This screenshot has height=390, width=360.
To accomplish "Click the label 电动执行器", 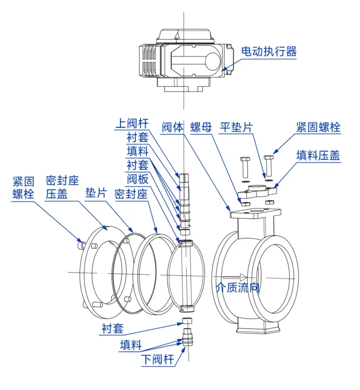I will [269, 52].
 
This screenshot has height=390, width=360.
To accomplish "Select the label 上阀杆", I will [132, 124].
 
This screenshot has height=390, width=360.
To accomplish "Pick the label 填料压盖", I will [318, 155].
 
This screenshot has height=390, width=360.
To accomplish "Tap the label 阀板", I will [137, 179].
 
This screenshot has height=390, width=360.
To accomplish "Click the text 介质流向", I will [237, 288].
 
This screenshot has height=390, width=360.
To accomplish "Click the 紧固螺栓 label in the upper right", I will [318, 128].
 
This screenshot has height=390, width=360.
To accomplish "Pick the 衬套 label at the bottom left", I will [112, 328].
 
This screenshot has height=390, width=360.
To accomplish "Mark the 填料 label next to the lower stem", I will [131, 345].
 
